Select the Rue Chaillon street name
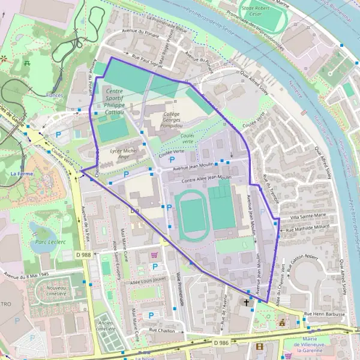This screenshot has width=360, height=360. (x=162, y=330)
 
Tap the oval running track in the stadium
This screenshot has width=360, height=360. (x=191, y=214)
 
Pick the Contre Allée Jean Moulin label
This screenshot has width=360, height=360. (x=206, y=179)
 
